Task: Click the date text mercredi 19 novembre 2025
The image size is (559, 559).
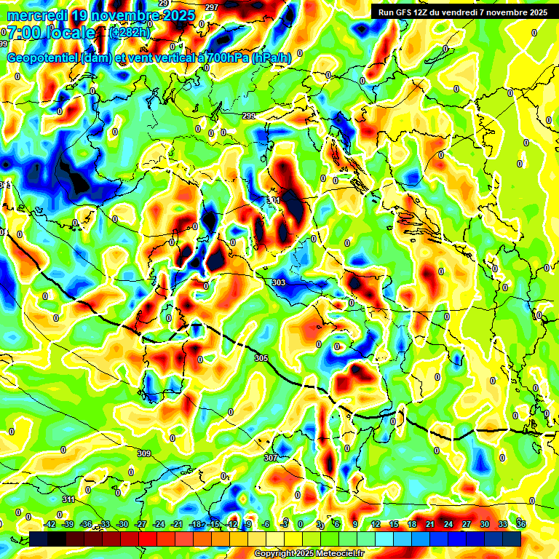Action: [100, 15]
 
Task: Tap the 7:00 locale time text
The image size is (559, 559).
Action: [50, 33]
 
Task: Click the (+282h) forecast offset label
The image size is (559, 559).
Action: [130, 33]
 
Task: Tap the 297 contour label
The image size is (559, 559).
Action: [212, 7]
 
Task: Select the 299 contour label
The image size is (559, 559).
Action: [249, 116]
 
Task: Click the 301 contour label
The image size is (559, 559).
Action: [274, 199]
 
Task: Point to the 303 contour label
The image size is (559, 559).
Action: [279, 282]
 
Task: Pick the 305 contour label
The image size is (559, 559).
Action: [262, 358]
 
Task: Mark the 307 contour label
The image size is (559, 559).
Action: [270, 458]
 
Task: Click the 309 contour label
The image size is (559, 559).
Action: [143, 453]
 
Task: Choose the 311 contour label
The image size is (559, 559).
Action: [68, 499]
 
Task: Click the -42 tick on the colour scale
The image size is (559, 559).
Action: [50, 524]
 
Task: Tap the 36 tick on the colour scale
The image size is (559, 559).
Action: [521, 524]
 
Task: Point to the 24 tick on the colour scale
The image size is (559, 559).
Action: [448, 524]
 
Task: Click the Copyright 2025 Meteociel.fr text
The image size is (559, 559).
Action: [309, 553]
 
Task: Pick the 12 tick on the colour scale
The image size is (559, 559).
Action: [376, 524]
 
